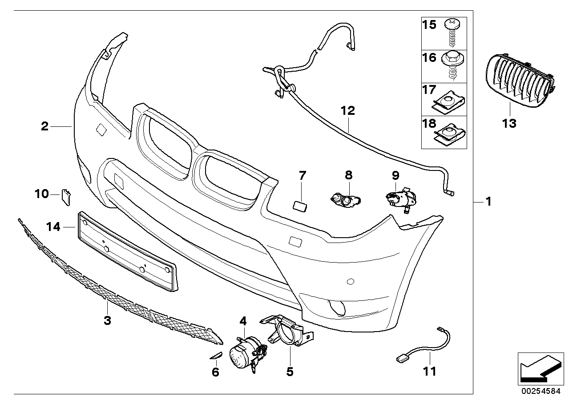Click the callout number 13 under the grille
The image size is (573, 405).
(509, 123)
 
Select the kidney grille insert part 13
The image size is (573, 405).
(518, 81)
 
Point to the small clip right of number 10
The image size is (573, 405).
(66, 196)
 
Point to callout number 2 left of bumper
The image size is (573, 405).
(44, 126)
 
